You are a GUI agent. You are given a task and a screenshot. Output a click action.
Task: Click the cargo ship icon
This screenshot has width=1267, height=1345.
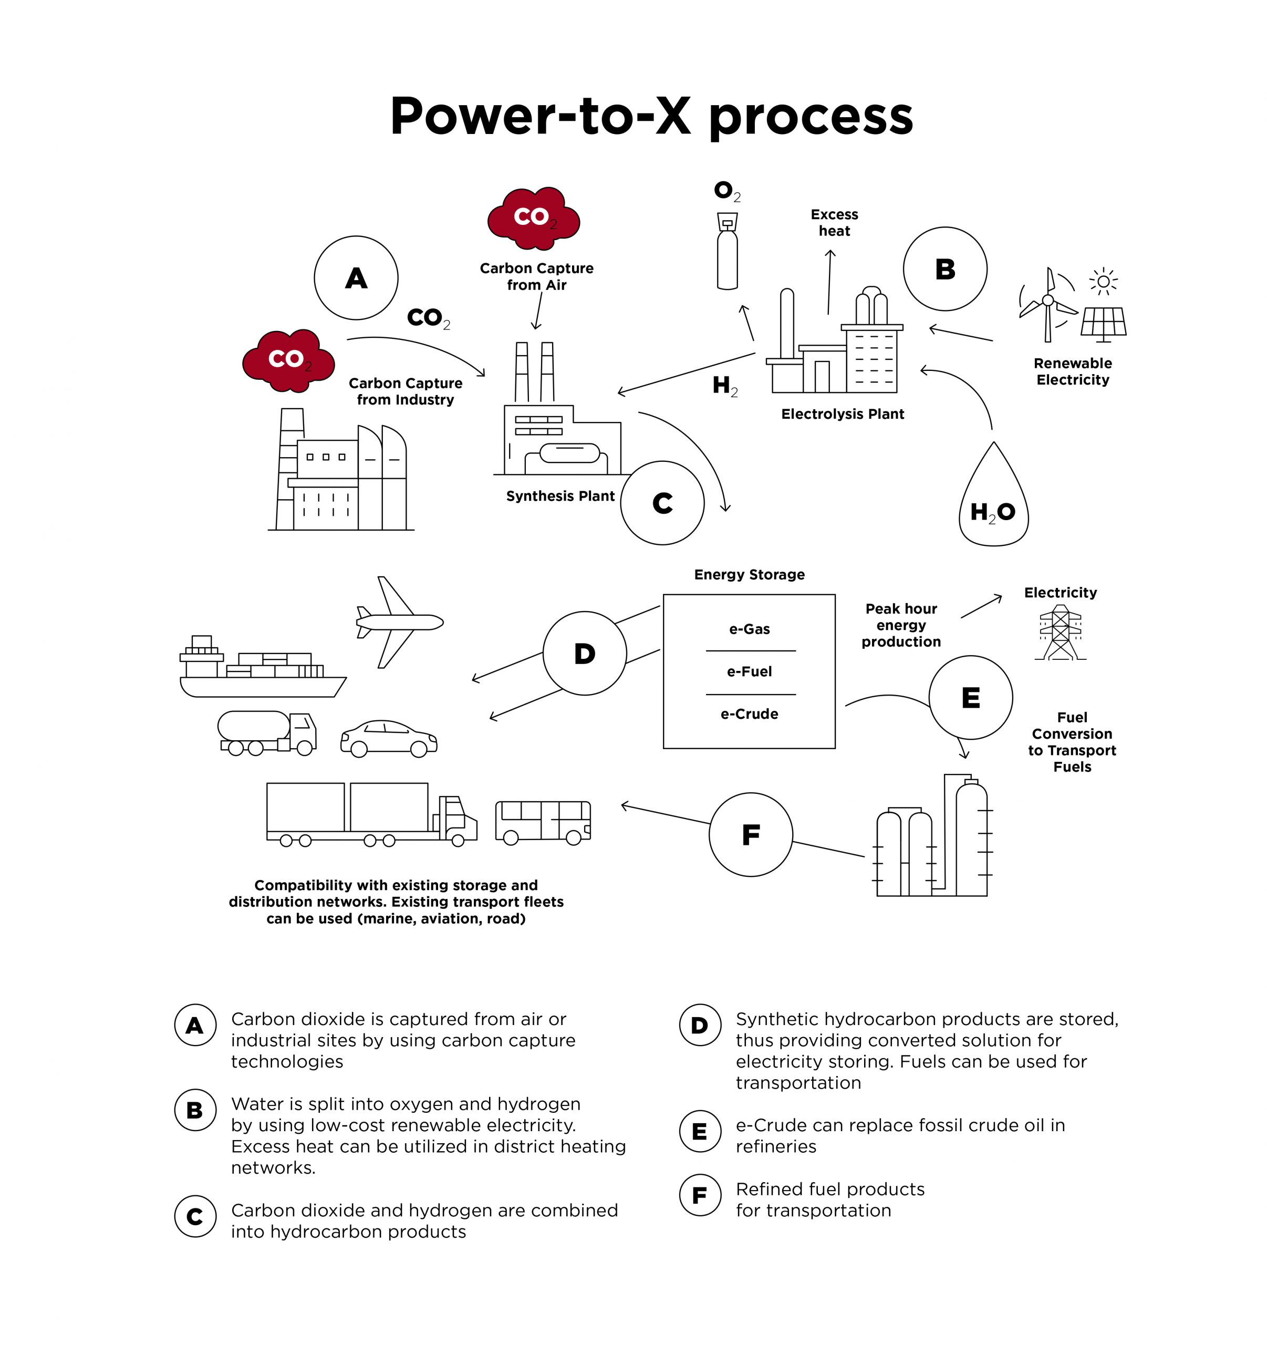(x=261, y=669)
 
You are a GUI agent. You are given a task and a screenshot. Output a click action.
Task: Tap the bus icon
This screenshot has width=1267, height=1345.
(x=543, y=822)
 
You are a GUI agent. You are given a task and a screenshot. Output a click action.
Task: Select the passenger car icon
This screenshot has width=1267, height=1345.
(x=388, y=738)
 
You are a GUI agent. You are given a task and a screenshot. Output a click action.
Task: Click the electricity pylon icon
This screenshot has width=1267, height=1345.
(x=1060, y=633)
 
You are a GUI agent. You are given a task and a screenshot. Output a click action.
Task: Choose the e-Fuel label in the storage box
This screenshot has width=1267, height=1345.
(x=749, y=671)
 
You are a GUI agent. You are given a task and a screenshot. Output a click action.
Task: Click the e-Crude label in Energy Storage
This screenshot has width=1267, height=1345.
(x=749, y=714)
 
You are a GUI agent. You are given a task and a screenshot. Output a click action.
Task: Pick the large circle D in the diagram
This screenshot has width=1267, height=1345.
(x=585, y=654)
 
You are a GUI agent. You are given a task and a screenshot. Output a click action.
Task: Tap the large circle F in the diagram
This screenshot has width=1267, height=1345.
(x=750, y=834)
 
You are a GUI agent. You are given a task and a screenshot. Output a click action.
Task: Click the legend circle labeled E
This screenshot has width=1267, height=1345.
(x=700, y=1131)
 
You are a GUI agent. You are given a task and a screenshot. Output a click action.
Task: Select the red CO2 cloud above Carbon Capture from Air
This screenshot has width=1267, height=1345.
(x=534, y=217)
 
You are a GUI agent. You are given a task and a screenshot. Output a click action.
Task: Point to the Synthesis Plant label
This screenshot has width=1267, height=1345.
(x=560, y=496)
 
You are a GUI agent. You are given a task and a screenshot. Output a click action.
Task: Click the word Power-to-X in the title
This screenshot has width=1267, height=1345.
(x=541, y=116)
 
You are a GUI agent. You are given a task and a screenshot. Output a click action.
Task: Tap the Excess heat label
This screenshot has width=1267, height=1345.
(x=834, y=223)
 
